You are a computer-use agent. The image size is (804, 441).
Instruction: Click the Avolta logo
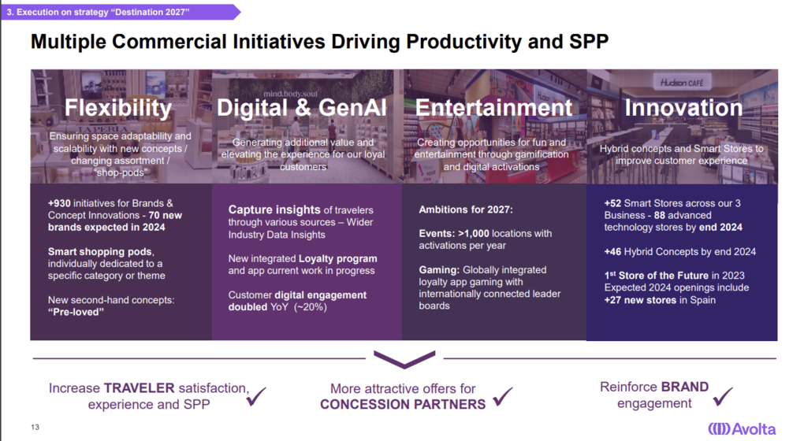(742, 428)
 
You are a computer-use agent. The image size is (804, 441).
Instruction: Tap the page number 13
(35, 427)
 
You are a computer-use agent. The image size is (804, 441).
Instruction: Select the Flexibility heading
(118, 108)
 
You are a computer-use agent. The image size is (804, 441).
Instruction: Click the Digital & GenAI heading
(301, 108)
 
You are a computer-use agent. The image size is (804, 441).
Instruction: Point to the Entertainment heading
(493, 108)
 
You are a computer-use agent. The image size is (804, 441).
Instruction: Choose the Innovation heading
(683, 108)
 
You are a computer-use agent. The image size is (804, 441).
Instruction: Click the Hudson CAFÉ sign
(682, 83)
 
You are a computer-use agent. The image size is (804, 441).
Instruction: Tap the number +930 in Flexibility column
(59, 203)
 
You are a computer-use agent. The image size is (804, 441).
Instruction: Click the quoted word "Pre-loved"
(76, 312)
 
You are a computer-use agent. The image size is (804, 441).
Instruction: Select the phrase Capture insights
(274, 210)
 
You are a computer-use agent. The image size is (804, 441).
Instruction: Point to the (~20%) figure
(311, 307)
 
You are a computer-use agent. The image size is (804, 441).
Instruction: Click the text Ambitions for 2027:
(466, 209)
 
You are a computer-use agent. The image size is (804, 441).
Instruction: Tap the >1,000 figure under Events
(473, 234)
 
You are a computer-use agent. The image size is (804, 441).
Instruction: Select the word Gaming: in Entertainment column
(439, 270)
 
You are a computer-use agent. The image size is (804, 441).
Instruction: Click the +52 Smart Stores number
(612, 203)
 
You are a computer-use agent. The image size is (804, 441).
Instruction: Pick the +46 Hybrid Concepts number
(612, 251)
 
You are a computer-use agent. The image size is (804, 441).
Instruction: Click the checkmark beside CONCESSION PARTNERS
(503, 396)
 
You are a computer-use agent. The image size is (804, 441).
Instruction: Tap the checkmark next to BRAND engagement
(723, 396)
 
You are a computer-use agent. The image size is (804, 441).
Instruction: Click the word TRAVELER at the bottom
(140, 388)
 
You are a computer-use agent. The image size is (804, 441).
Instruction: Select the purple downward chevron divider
(404, 360)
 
